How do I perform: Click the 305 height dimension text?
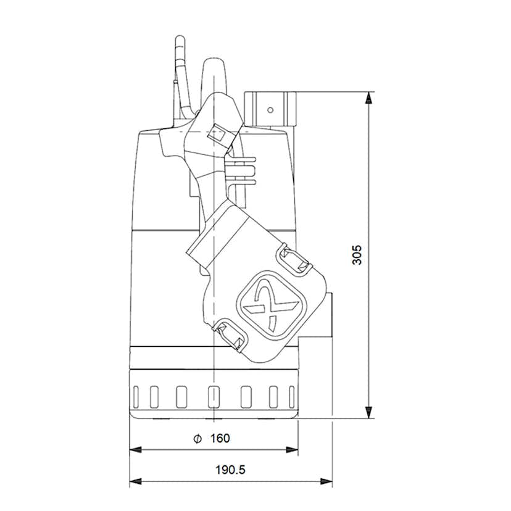(x=357, y=255)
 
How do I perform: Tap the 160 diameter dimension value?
(x=220, y=438)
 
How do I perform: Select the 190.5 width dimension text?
(x=231, y=470)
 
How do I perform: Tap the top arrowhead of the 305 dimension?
(x=368, y=98)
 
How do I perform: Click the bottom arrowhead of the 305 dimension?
(x=368, y=413)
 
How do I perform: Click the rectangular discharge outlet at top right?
(x=270, y=109)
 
